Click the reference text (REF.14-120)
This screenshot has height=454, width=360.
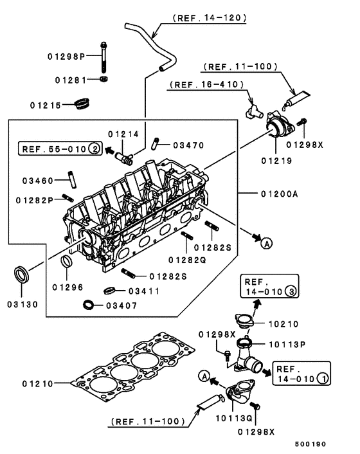click(208, 19)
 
